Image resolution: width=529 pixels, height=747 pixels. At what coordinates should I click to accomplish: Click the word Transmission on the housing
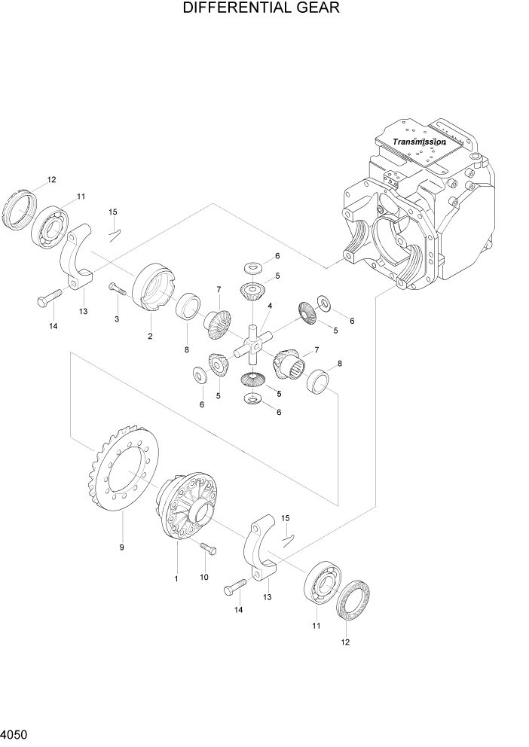point(419,142)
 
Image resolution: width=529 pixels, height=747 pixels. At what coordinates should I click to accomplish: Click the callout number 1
point(176,578)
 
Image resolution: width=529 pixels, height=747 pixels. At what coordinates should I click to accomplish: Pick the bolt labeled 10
point(207,550)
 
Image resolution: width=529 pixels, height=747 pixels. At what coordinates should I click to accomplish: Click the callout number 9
point(121,547)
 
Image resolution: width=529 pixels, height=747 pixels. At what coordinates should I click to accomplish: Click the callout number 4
point(269,306)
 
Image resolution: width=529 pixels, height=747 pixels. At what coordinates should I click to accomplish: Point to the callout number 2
point(150,336)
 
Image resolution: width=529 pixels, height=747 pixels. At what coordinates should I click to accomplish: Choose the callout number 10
point(203,577)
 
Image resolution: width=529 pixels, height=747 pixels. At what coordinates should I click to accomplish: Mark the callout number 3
point(117,320)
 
